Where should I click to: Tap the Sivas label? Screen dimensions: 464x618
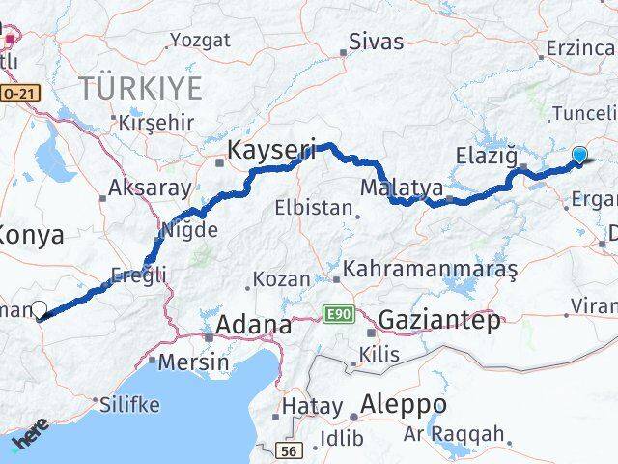376,42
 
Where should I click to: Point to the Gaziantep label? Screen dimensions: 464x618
440,320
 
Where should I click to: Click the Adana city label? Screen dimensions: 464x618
253,325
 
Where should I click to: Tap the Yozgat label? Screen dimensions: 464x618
200,41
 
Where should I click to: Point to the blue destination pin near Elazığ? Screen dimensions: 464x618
579,155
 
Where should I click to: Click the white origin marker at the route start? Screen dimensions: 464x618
40,310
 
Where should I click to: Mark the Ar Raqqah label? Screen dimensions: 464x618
467,434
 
